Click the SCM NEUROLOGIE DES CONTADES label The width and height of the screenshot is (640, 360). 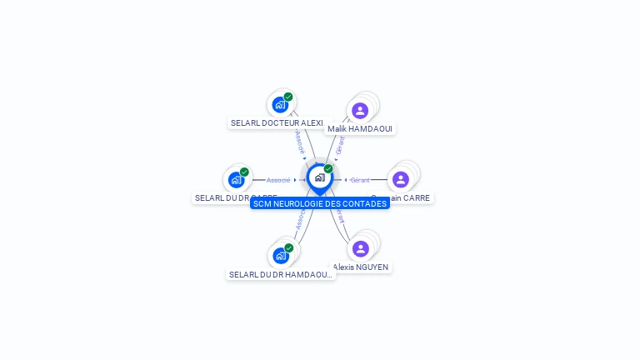click(320, 203)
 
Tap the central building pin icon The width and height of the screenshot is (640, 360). click(319, 177)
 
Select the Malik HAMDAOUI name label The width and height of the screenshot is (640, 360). click(360, 129)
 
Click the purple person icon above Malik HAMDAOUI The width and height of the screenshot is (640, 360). click(360, 111)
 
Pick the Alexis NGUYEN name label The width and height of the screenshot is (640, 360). click(361, 267)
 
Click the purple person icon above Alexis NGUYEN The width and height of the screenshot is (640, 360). click(360, 248)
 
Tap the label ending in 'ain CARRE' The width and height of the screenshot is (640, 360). click(408, 198)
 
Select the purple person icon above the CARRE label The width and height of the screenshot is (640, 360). click(401, 179)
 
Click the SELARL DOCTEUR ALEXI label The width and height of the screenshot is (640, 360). click(277, 123)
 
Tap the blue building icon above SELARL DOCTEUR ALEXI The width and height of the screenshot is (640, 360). click(280, 105)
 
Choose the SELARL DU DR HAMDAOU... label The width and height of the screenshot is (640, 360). click(281, 274)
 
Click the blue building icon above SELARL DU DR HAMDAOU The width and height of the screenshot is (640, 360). click(281, 255)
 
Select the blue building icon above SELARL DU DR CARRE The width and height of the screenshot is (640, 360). click(237, 179)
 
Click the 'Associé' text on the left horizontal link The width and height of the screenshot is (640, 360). click(278, 180)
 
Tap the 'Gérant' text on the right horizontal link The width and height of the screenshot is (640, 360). click(360, 180)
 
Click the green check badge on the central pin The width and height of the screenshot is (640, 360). click(328, 169)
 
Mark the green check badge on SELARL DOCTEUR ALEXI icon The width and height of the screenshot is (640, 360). click(288, 97)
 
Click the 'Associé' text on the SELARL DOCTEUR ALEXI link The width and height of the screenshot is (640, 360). click(299, 142)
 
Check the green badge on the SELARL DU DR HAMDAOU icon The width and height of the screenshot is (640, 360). click(288, 247)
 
